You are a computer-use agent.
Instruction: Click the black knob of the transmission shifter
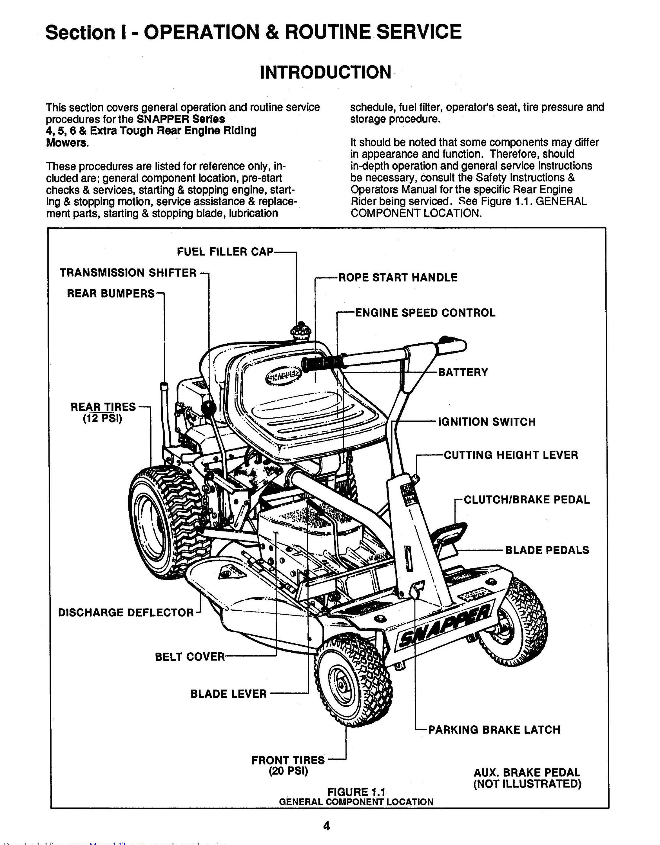click(x=208, y=407)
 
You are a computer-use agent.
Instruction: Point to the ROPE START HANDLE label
click(x=398, y=277)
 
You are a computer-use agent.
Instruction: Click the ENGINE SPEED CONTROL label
click(x=425, y=313)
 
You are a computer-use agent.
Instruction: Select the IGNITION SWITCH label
click(x=487, y=422)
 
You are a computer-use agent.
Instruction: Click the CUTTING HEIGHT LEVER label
click(x=511, y=455)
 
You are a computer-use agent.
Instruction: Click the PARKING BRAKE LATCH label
click(x=494, y=730)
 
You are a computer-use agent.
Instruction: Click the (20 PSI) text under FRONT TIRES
click(x=288, y=771)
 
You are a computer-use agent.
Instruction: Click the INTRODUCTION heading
click(x=325, y=72)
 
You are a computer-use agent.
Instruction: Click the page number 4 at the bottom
click(x=326, y=826)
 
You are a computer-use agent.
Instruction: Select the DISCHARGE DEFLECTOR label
click(x=126, y=612)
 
